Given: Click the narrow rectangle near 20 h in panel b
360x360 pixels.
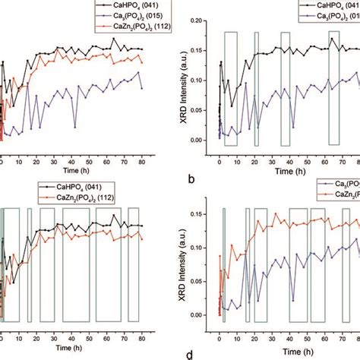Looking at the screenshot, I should pos(256,88).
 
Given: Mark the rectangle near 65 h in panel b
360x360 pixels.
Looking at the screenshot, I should pos(333,87).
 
